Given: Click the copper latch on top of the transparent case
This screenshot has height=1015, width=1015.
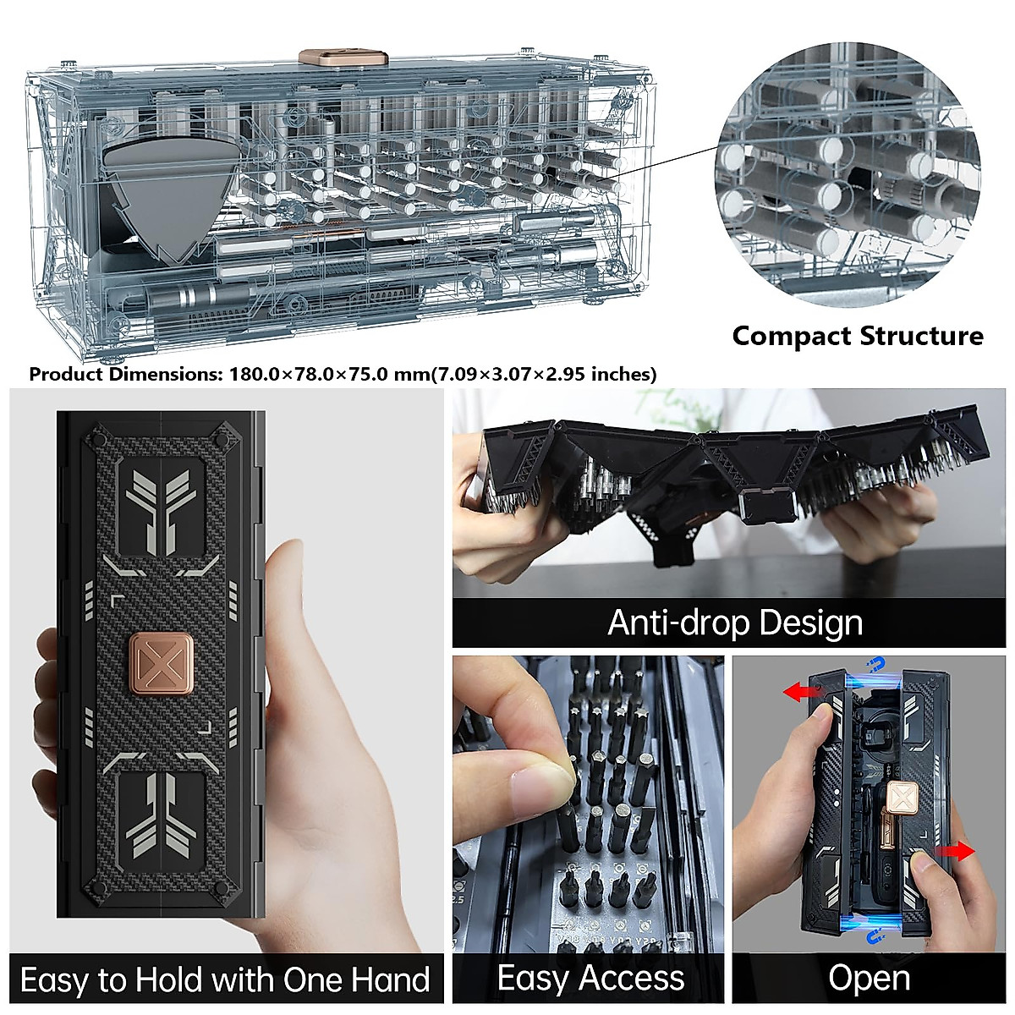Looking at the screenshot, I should pyautogui.click(x=343, y=58).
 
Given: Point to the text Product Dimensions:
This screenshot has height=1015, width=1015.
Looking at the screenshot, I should pyautogui.click(x=125, y=374).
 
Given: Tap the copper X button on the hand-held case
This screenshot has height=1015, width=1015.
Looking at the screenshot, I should pyautogui.click(x=162, y=664).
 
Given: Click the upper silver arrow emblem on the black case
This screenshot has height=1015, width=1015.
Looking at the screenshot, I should pyautogui.click(x=161, y=507).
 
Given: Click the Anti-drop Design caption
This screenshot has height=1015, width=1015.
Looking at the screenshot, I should pyautogui.click(x=734, y=623).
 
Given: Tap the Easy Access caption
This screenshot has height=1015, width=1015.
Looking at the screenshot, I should pyautogui.click(x=590, y=978).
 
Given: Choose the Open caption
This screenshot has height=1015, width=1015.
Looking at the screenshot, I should pyautogui.click(x=869, y=978).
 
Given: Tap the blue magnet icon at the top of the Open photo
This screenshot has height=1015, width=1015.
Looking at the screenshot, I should pyautogui.click(x=878, y=665).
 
